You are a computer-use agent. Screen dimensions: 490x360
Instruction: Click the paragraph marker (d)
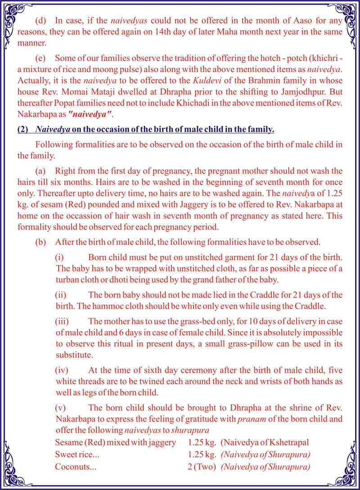coord(41,21)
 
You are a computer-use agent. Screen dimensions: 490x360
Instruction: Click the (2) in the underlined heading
coord(22,130)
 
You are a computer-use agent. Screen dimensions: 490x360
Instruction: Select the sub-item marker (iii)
coord(63,321)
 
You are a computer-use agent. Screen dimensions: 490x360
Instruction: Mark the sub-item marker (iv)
coord(63,370)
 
